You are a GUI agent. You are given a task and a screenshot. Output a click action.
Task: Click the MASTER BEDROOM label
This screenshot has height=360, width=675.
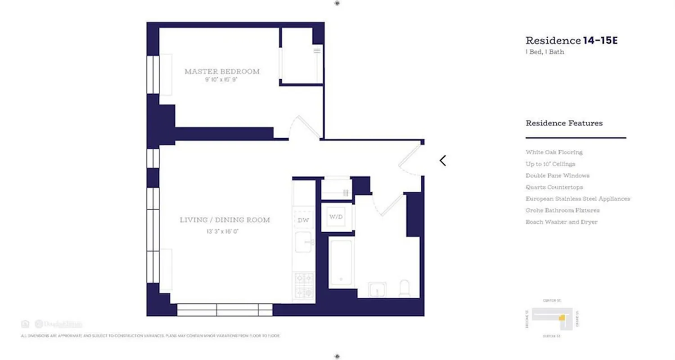222,72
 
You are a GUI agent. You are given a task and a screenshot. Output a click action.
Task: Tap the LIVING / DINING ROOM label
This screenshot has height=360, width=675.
225,220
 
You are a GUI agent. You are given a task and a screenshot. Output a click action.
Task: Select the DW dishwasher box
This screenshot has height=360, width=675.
303,220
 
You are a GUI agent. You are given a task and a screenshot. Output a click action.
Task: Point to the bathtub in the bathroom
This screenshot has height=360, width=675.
341,263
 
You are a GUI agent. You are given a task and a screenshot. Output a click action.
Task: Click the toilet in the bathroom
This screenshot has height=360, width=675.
405,289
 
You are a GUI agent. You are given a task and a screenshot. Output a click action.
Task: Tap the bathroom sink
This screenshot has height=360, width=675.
377,289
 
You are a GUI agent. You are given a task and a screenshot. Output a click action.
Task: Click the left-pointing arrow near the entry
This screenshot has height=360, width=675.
443,161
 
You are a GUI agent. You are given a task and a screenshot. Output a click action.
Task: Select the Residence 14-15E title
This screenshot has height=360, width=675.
571,40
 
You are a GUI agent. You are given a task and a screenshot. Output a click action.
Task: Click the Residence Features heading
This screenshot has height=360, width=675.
564,123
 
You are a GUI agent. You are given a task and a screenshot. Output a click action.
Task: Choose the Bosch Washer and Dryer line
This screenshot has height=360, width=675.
561,222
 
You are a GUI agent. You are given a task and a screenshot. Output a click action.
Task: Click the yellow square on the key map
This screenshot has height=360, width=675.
561,318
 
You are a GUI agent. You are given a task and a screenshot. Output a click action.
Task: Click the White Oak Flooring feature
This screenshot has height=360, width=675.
554,152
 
